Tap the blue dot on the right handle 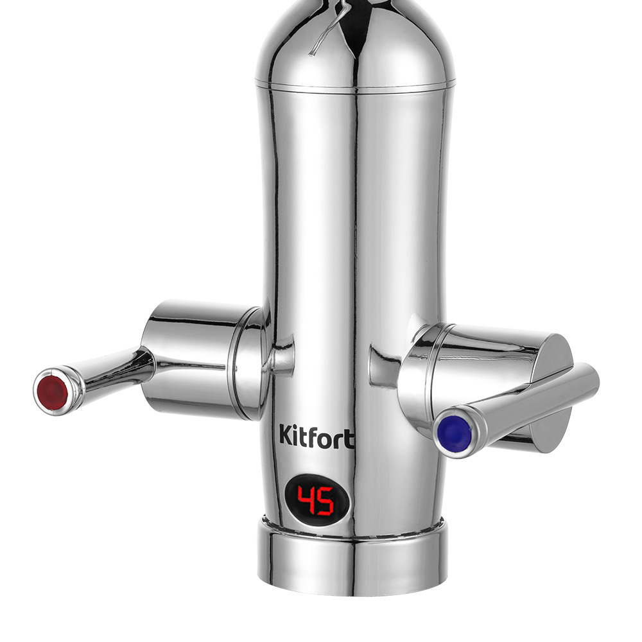tap(452, 430)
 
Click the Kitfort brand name tap(317, 437)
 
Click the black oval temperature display tap(317, 501)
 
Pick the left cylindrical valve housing tap(200, 357)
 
